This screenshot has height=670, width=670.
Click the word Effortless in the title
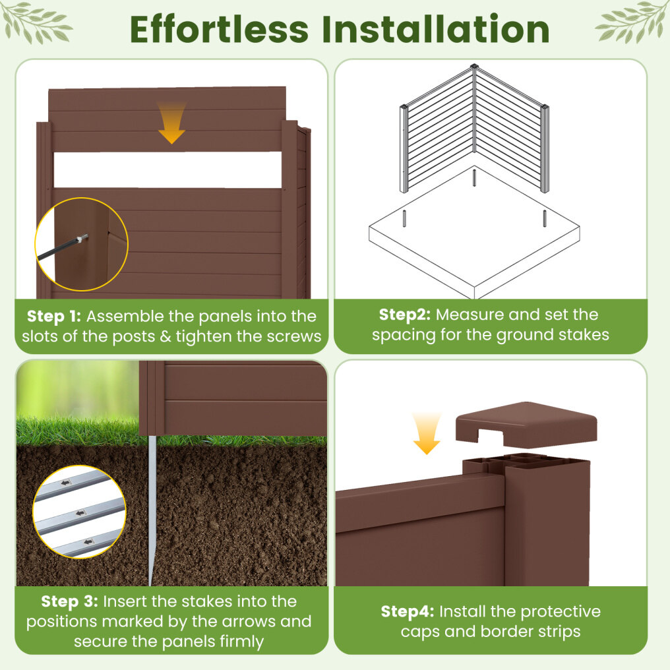pos(219,29)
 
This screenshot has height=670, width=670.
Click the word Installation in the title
pos(435,29)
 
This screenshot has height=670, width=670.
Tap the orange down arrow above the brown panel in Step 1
pos(171,123)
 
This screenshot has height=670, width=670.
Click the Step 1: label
pos(54,316)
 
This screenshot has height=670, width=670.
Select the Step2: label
pos(405,315)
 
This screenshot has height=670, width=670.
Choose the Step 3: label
pos(69,601)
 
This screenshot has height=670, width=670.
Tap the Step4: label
pos(408,611)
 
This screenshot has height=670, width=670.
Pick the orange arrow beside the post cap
pos(427,433)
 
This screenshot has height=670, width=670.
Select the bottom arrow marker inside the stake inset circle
pos(89,541)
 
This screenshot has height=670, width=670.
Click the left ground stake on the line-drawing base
pos(404,218)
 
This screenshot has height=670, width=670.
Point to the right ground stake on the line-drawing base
pos(545,218)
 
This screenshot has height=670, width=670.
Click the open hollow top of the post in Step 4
pos(526,462)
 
